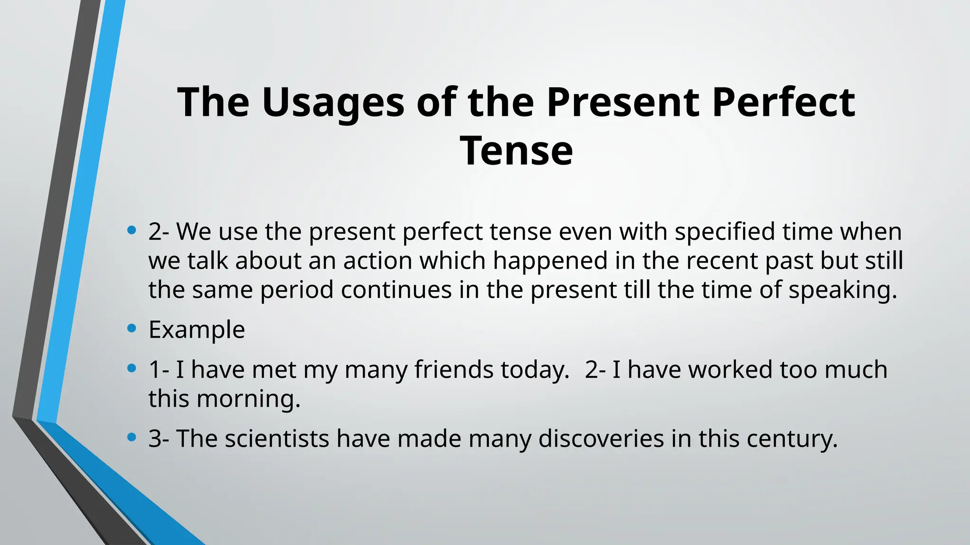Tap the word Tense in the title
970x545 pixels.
coord(516,151)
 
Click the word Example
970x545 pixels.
coord(197,329)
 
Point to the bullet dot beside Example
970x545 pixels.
coord(132,328)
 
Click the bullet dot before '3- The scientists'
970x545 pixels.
coord(132,437)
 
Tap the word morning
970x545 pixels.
coord(248,399)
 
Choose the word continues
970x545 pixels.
coord(396,290)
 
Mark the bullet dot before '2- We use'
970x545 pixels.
coord(132,230)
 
